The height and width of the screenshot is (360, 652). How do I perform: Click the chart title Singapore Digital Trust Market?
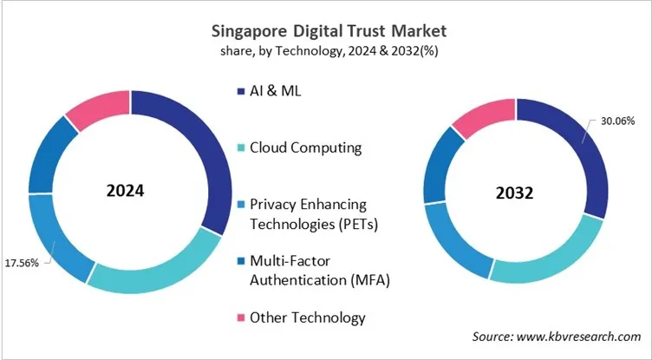click(326, 31)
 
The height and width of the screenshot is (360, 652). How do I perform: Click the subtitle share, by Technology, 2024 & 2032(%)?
click(326, 50)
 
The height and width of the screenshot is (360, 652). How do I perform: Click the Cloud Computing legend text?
click(305, 147)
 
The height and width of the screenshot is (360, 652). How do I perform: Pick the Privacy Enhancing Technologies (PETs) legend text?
click(308, 213)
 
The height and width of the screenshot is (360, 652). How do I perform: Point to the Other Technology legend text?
click(307, 317)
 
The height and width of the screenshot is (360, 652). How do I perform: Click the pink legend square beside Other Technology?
click(238, 318)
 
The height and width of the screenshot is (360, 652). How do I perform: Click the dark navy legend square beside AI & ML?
click(238, 91)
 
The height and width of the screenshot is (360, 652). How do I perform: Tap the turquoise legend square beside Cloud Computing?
click(238, 148)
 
